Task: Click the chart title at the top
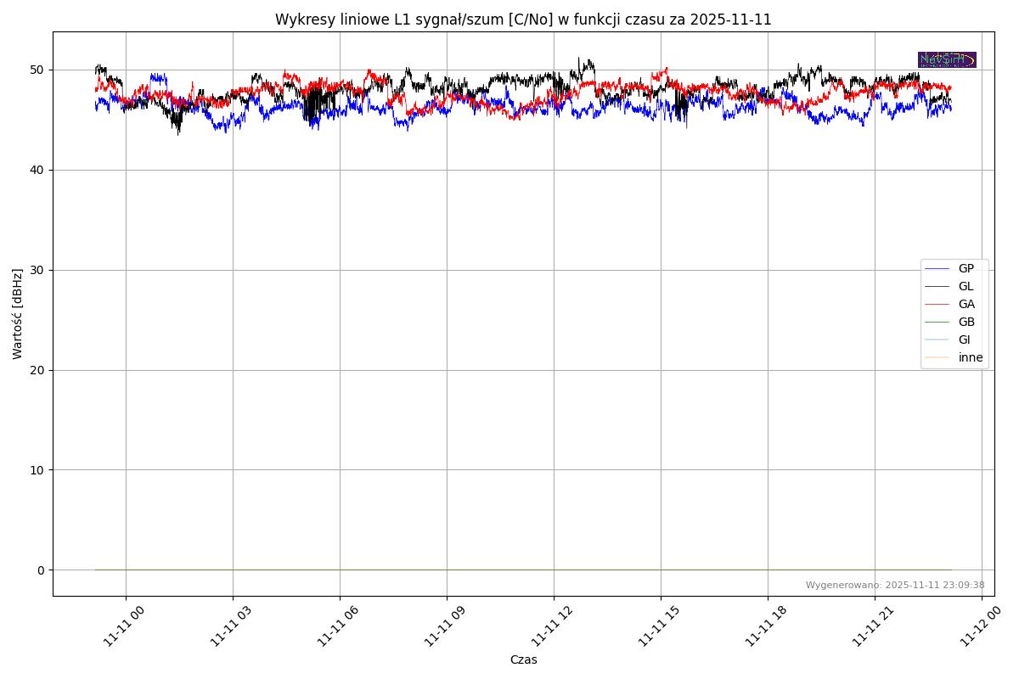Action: coord(523,20)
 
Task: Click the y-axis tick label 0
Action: coord(40,570)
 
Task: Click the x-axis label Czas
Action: coord(523,659)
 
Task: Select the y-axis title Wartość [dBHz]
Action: coord(18,314)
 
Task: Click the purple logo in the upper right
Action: coord(947,60)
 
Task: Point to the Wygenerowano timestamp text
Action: coord(895,585)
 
